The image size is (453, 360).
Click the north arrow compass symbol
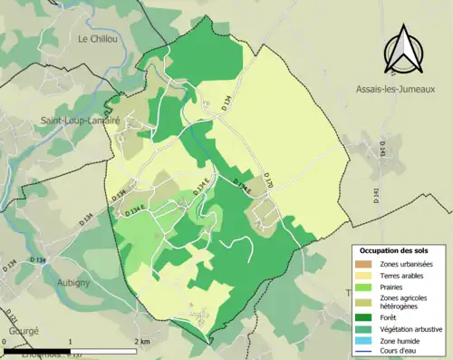tap(401, 50)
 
